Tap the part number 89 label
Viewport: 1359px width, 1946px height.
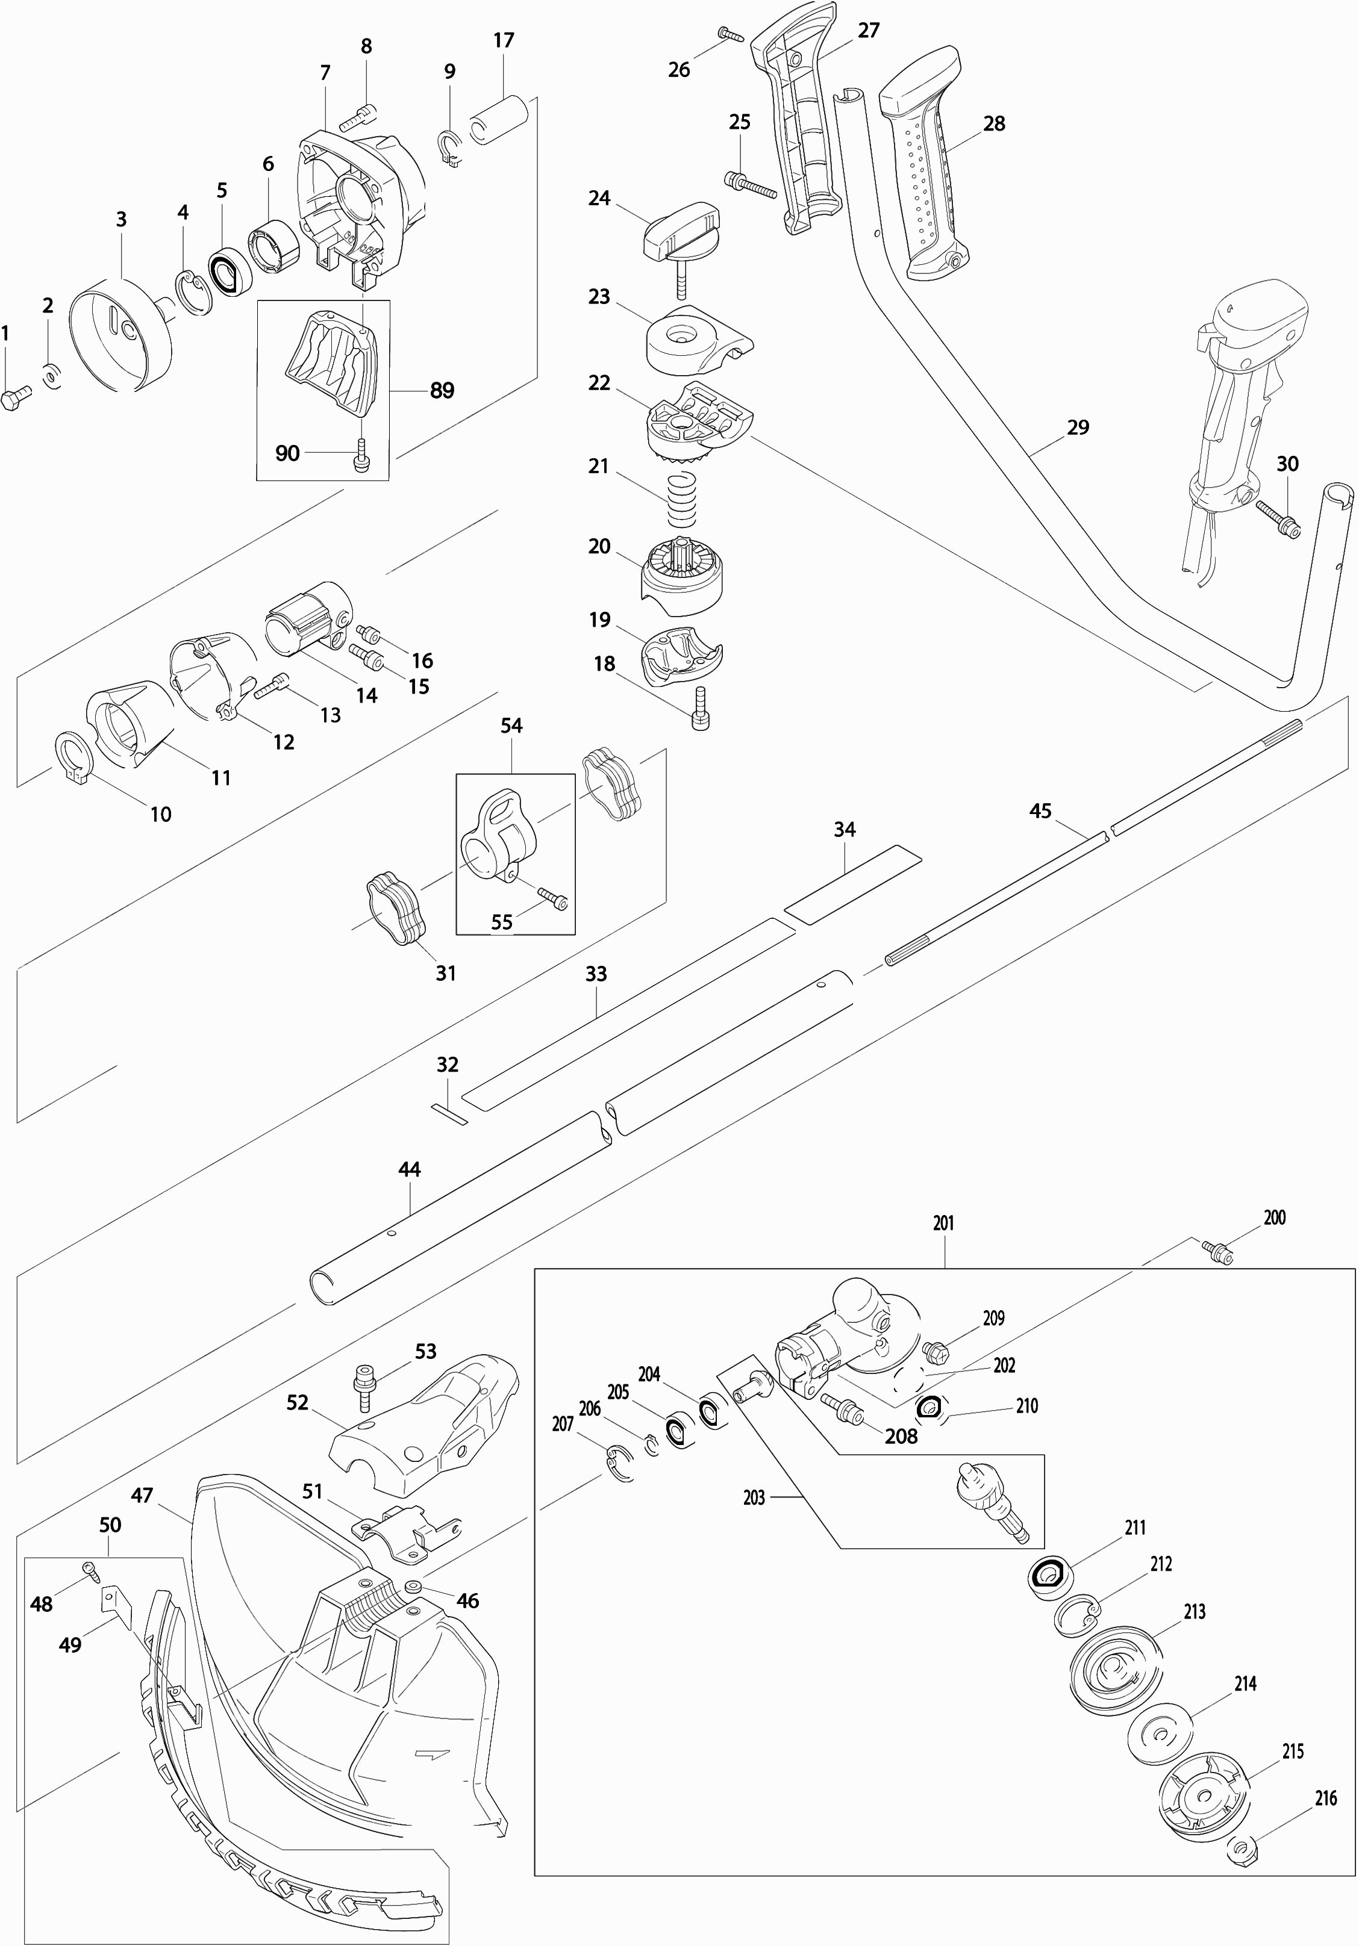pos(442,391)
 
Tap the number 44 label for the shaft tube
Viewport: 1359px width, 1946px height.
pos(410,1170)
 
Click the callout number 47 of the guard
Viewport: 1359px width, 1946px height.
pos(142,1495)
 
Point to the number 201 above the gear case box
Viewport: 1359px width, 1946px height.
pos(943,1223)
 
